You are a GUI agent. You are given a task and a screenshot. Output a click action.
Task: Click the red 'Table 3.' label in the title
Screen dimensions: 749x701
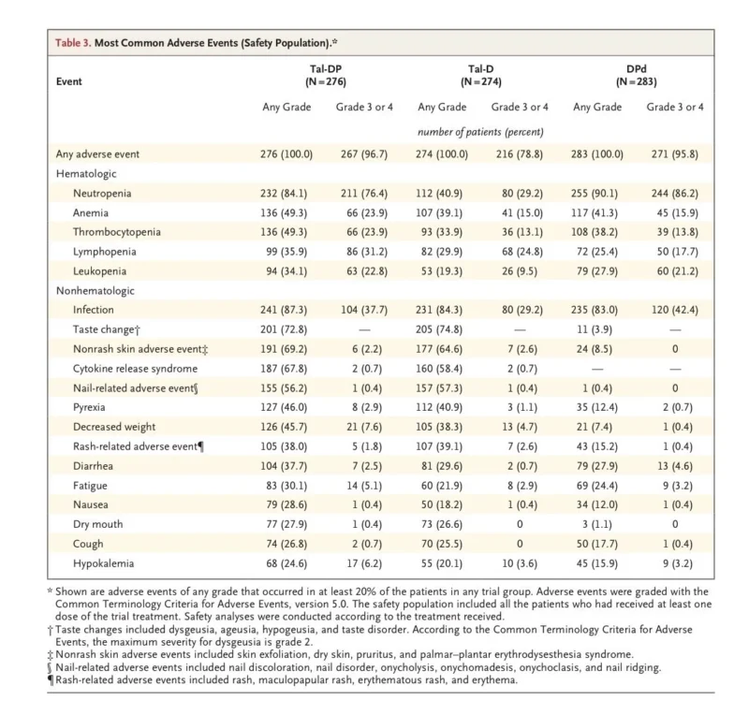point(73,43)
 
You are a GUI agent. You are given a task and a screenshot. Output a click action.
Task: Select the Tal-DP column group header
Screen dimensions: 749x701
point(326,76)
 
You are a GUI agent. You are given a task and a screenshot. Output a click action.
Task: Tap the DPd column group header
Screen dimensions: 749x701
point(637,76)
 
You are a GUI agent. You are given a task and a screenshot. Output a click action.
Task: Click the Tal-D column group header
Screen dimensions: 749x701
point(481,76)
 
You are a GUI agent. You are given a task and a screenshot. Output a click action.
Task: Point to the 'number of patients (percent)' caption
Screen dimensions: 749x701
point(480,132)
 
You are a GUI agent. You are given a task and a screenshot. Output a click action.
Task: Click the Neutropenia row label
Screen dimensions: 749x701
point(102,194)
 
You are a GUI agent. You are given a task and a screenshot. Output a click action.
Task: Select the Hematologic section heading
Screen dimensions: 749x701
point(86,174)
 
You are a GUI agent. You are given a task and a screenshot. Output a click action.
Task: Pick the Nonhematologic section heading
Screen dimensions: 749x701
point(95,291)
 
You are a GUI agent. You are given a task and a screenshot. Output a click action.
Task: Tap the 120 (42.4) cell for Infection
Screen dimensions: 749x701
point(674,310)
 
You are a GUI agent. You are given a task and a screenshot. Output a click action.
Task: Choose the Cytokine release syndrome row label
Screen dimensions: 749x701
point(135,369)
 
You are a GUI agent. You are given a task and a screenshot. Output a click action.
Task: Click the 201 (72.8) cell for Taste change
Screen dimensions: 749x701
point(284,329)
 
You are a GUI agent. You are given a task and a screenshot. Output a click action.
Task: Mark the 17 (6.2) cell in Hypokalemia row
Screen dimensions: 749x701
point(364,563)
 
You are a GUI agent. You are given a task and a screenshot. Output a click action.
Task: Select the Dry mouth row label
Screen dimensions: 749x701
point(98,524)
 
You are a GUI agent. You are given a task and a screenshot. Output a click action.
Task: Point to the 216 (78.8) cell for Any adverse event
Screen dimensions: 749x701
point(520,154)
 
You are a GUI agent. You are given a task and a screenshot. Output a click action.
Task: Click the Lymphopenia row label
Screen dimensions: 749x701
point(105,252)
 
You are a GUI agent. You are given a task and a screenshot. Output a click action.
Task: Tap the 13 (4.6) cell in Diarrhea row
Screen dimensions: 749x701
point(675,466)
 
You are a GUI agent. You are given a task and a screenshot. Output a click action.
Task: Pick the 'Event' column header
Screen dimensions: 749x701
point(68,81)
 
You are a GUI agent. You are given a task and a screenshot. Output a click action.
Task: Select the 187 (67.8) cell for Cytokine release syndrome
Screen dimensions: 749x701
point(284,369)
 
